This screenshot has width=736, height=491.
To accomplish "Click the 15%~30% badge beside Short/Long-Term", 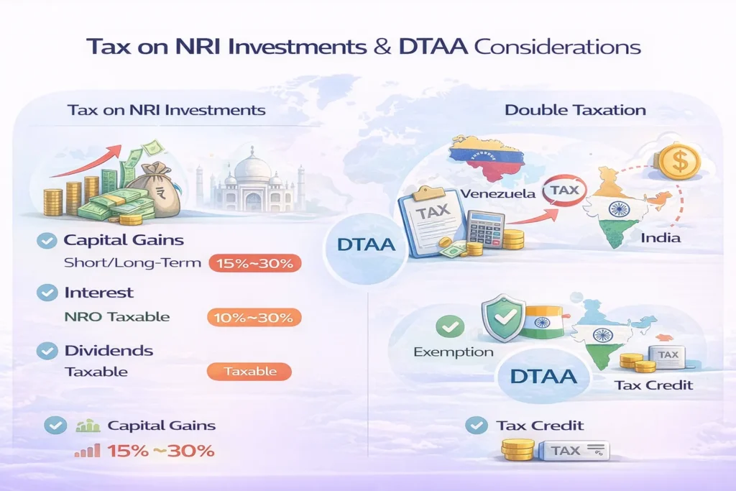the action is (254, 263).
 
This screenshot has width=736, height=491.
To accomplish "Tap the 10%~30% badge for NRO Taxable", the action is (254, 318).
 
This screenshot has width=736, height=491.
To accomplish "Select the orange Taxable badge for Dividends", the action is (249, 371).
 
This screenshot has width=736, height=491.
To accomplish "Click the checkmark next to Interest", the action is (47, 293).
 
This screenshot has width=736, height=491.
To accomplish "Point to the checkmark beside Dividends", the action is (47, 351).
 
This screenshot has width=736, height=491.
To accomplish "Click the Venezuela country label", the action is (498, 194).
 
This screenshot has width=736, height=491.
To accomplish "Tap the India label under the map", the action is (661, 237).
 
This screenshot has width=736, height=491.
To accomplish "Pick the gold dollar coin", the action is (679, 161).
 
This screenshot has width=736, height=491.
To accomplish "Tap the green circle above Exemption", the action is (450, 326).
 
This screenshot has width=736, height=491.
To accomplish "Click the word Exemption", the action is (454, 352).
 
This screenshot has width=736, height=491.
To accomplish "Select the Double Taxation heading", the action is (575, 110).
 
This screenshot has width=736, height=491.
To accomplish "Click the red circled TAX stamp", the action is (564, 190).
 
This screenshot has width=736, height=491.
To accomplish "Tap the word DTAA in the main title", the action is (433, 47).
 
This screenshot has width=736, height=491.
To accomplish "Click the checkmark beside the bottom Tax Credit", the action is (477, 426).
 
